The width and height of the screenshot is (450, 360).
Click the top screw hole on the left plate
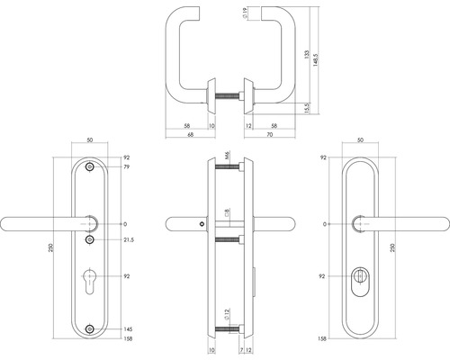point(89,168)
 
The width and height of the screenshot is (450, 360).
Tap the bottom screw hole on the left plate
point(89,329)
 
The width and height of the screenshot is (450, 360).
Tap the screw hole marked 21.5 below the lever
point(89,240)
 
